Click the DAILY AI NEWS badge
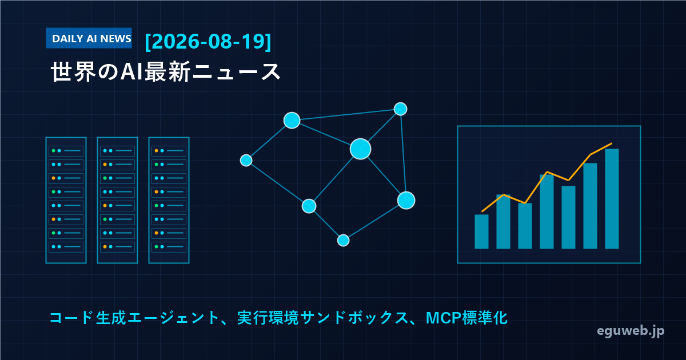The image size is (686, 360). [x=89, y=38]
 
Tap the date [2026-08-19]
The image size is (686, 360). [x=208, y=41]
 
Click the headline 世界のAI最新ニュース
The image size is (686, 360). [x=165, y=71]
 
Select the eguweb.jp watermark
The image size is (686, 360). [x=631, y=331]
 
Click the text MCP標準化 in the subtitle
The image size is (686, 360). [x=466, y=318]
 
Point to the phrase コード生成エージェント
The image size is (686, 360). [x=134, y=318]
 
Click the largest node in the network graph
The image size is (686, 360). [x=361, y=149]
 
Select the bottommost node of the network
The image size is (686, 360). [x=344, y=241]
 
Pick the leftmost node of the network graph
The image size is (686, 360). [x=246, y=161]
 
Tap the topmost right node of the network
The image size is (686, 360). [x=400, y=109]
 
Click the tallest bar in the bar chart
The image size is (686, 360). [x=612, y=199]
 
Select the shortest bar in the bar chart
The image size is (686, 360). [x=481, y=231]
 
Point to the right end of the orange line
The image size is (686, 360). [x=612, y=143]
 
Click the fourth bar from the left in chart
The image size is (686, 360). [x=547, y=211]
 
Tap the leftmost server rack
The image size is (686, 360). [x=66, y=200]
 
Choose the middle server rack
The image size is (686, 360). [x=117, y=200]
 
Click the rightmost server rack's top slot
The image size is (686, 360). [x=169, y=151]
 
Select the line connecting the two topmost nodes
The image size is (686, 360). [x=346, y=115]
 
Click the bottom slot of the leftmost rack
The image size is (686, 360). [x=66, y=247]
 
